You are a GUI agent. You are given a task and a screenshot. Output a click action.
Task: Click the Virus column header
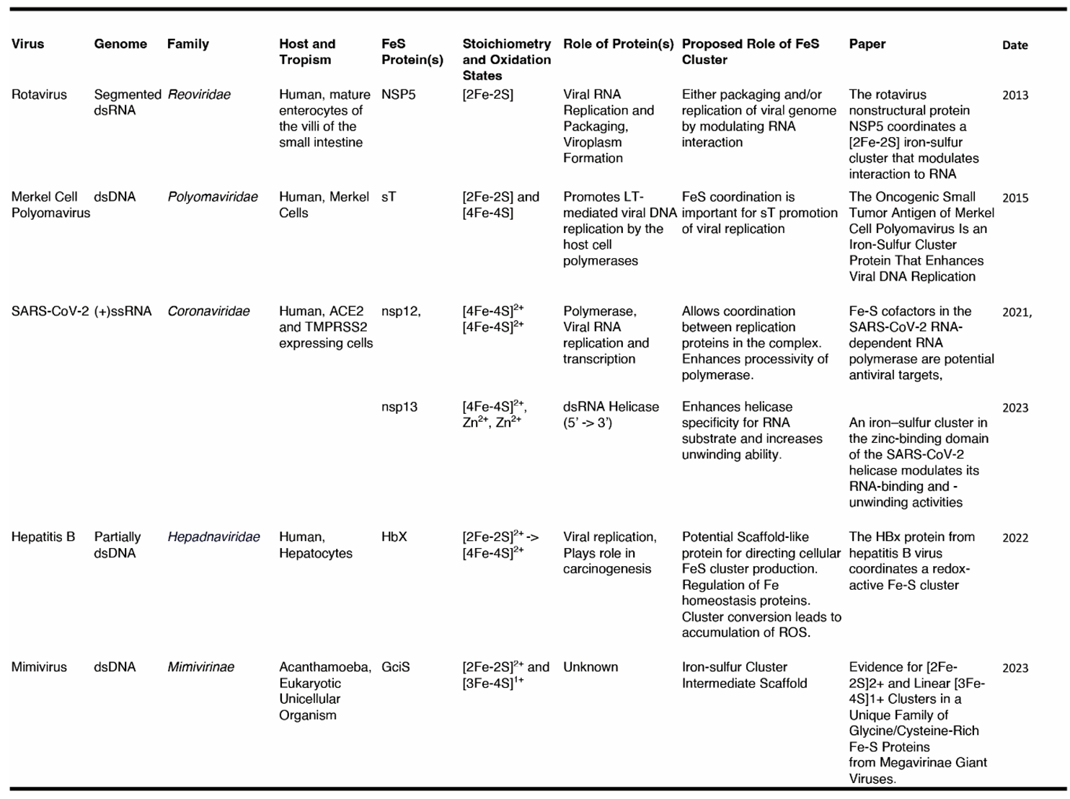[28, 44]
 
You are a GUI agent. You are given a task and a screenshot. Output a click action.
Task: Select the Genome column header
[120, 44]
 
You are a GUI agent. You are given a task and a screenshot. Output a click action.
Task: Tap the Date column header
[1014, 45]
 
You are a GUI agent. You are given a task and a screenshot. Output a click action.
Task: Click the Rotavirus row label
[39, 94]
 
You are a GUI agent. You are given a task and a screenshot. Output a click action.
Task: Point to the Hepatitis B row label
[43, 537]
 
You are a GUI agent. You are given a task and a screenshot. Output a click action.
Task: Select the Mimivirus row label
[39, 667]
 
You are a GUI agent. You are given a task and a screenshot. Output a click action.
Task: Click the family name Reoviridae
[199, 94]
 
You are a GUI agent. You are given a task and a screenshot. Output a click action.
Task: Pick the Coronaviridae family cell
[208, 312]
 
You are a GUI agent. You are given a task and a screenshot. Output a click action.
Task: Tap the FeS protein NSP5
[398, 94]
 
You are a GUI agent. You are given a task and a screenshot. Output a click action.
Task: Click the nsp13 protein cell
[399, 407]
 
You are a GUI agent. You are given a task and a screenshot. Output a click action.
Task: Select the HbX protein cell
[394, 537]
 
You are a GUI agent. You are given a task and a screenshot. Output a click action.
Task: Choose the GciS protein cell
[396, 667]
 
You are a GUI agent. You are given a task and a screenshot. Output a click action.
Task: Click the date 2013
[1015, 95]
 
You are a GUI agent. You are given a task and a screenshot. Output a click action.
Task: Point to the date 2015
[1015, 198]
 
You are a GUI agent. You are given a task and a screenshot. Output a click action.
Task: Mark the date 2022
[1015, 538]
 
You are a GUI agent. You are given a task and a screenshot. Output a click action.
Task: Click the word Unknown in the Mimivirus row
[591, 667]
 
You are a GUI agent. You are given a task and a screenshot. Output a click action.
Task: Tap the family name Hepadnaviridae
[213, 537]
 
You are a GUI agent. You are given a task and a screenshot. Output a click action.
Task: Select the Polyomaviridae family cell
[212, 197]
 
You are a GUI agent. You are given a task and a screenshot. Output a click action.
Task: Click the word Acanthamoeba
[325, 667]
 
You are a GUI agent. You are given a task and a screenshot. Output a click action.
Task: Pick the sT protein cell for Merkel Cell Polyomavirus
[389, 197]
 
